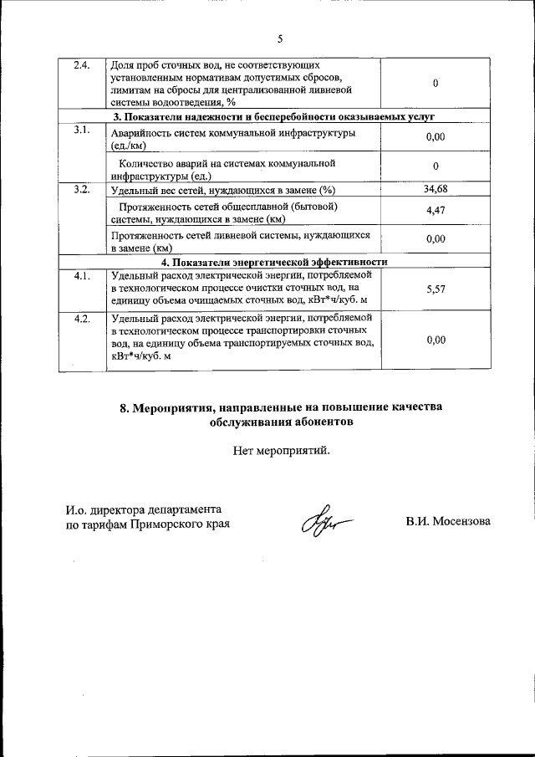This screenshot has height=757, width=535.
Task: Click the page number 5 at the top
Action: (x=280, y=38)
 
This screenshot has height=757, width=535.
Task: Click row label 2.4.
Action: (x=82, y=65)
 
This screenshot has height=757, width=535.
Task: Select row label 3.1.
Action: (x=82, y=130)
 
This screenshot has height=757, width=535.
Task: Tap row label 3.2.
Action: (x=82, y=190)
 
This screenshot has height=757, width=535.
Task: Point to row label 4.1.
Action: (x=82, y=275)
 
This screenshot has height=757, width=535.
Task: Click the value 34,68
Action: (x=436, y=190)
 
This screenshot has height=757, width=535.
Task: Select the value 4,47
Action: (x=436, y=212)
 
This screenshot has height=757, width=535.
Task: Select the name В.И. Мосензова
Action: (x=448, y=522)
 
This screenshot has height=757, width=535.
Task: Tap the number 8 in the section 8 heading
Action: (x=125, y=408)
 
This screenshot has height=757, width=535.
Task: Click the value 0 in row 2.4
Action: (x=436, y=84)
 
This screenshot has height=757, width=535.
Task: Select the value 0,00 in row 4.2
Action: (x=436, y=340)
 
